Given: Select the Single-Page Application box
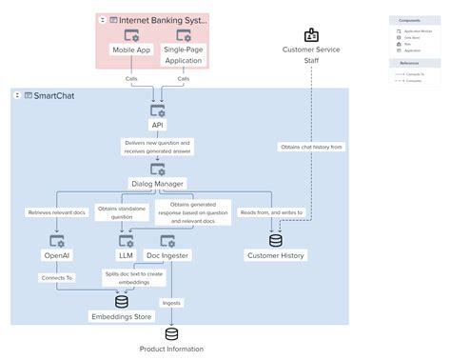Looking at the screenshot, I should (x=183, y=53).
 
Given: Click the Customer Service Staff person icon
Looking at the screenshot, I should (x=311, y=35).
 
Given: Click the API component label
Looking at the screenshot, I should (x=157, y=125).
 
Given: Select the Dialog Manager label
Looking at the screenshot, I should (x=157, y=182).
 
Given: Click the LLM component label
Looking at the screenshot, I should (x=126, y=255).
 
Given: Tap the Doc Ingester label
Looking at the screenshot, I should (x=167, y=255).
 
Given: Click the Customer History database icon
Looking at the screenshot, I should (x=276, y=240).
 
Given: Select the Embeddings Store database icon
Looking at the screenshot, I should (x=122, y=301).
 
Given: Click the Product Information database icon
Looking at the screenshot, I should (x=171, y=333).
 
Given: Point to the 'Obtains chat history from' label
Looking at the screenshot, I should (x=311, y=147).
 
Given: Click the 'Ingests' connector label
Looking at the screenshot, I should (x=171, y=303).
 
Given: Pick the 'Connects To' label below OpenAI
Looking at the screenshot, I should (x=56, y=277).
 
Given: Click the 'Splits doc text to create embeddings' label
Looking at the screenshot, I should (x=135, y=277).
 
